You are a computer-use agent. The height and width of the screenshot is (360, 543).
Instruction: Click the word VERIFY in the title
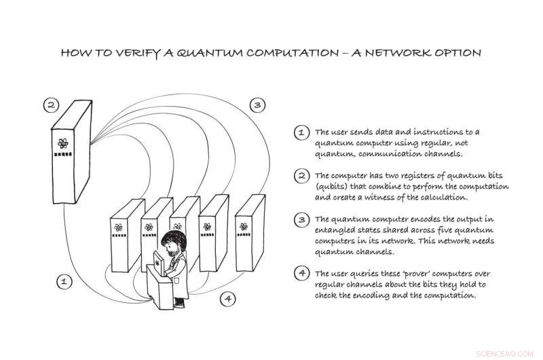133,52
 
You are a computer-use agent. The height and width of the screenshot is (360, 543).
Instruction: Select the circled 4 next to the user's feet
228,298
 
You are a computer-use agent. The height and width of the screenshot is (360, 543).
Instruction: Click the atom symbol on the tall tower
62,144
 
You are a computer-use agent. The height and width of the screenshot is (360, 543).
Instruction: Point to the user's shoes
178,304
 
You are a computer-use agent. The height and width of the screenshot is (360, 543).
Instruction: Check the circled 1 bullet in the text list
299,132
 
